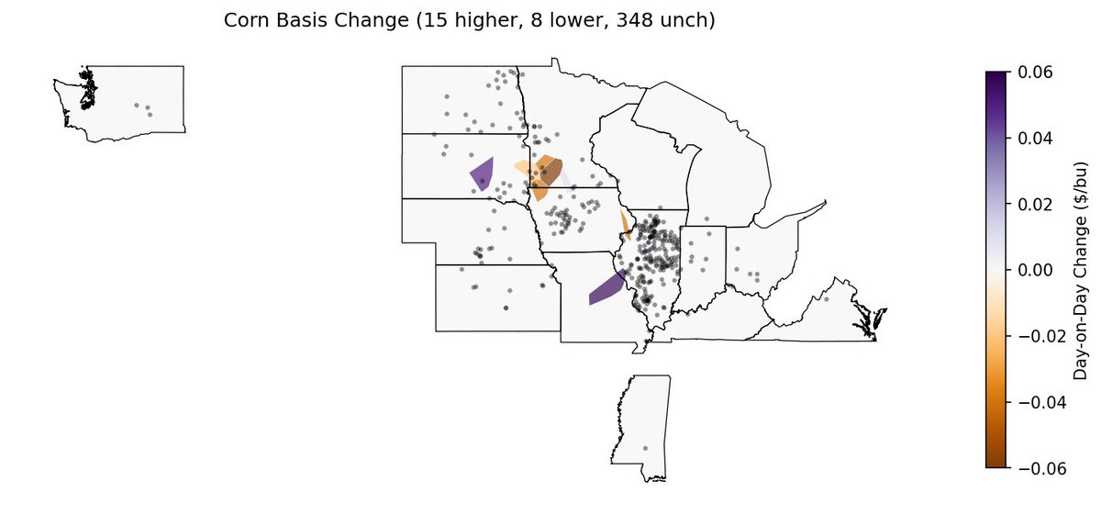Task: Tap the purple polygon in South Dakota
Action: click(x=482, y=173)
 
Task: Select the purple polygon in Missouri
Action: click(x=606, y=288)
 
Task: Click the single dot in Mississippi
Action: click(x=645, y=448)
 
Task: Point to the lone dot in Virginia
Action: click(x=826, y=299)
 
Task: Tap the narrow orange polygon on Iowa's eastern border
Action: click(x=625, y=223)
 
